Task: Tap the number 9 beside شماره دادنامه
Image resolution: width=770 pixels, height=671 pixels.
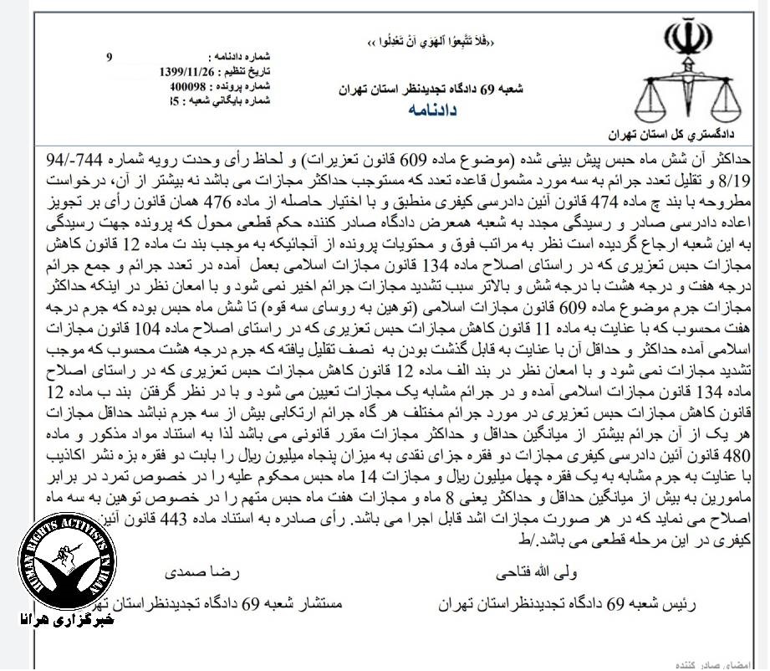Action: tap(109, 57)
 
